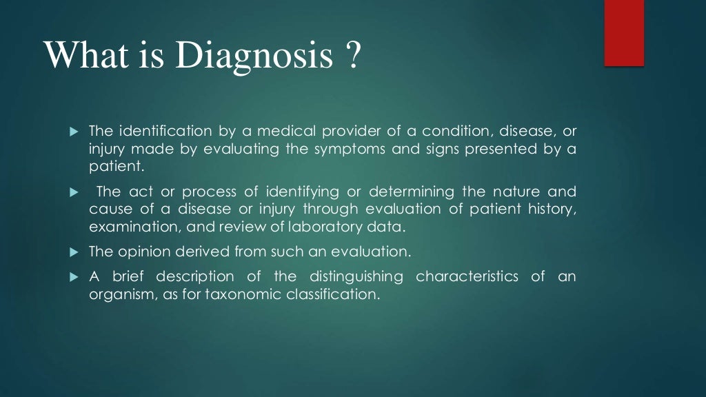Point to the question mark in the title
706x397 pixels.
coord(352,55)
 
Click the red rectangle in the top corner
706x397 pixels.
coord(624,33)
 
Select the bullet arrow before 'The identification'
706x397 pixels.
coord(75,131)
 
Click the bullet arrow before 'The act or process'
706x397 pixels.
coord(75,192)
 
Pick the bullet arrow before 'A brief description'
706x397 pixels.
coord(75,277)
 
